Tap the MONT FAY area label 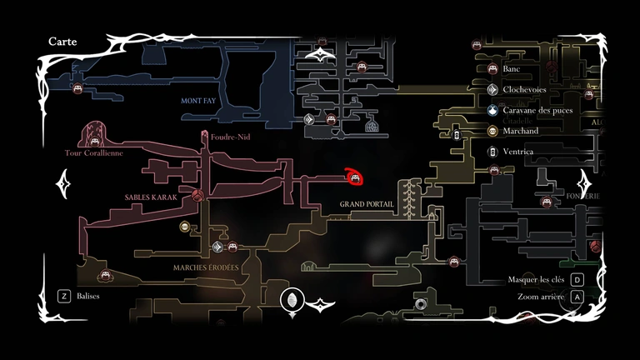[200, 101]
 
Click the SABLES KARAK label [150, 197]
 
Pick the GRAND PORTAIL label [367, 204]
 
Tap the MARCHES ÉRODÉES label [206, 267]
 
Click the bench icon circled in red [355, 177]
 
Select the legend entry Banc [512, 69]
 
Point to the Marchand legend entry [521, 131]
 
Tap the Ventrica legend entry [518, 152]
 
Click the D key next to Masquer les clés [576, 280]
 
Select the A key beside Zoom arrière [576, 297]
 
